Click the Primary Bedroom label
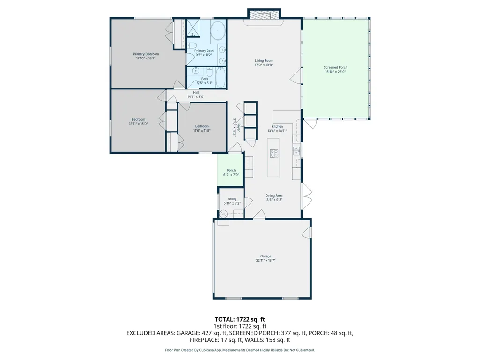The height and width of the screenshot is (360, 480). pos(146,54)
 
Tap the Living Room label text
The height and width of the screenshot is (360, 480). pos(264,61)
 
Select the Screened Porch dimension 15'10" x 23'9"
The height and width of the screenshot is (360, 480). pos(335,72)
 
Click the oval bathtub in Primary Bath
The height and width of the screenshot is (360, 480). pos(218,31)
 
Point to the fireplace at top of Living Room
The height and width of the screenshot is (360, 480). pos(264,15)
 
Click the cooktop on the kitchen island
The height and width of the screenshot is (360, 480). pos(274,153)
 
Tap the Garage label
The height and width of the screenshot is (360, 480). pos(266,256)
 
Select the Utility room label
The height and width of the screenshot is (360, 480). pos(232,199)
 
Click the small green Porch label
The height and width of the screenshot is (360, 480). pos(231,170)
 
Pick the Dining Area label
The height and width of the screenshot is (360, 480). pos(273,196)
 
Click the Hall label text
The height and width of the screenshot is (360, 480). pos(196,92)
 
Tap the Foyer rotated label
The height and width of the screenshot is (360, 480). pos(239,127)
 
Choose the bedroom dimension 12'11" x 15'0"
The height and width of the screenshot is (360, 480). pos(138,124)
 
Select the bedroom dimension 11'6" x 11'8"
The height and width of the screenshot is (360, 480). pos(202,131)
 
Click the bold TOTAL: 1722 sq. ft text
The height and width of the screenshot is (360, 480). pos(240,320)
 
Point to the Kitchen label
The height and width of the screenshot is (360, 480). pos(277,126)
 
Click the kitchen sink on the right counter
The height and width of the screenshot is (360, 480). pos(296,151)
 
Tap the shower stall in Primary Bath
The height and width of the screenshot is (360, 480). pos(193,28)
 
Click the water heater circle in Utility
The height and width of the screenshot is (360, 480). pos(223,213)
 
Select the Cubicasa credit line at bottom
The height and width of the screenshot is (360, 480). pos(240,350)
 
